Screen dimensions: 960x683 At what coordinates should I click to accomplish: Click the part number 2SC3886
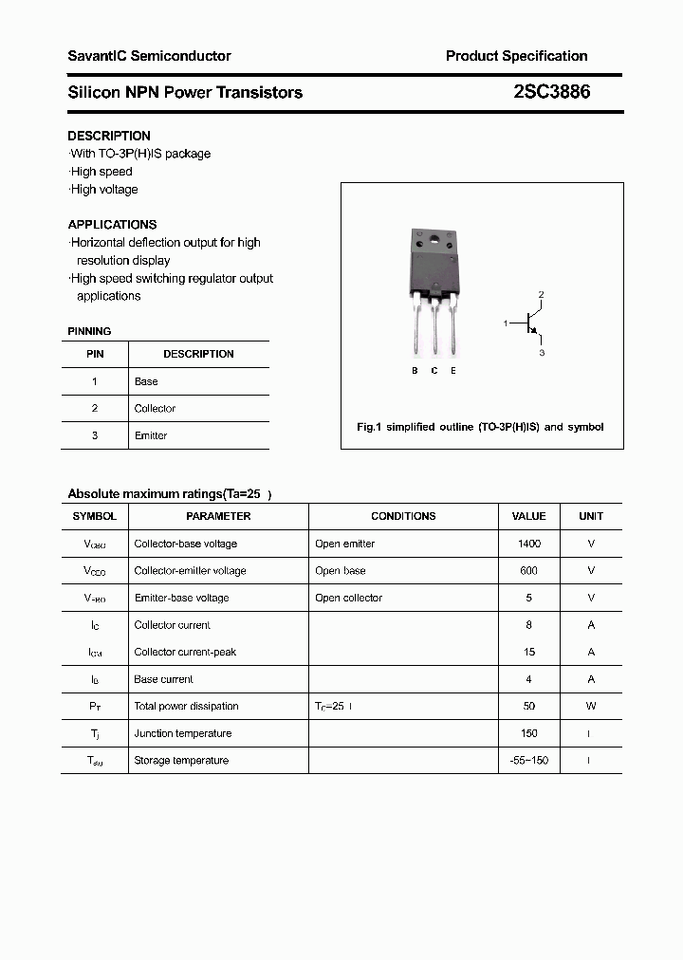click(x=552, y=92)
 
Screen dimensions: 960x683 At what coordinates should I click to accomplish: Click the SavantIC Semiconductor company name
click(x=149, y=56)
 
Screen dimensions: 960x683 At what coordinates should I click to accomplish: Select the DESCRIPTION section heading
click(x=109, y=136)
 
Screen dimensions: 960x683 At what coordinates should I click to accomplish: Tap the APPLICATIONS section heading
click(x=112, y=225)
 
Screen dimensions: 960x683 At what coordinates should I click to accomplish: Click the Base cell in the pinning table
click(x=146, y=381)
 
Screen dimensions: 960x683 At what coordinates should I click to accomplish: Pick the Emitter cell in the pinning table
click(x=151, y=435)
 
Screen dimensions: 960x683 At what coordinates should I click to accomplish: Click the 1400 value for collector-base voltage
click(x=528, y=544)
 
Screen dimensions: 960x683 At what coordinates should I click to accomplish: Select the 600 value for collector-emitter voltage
click(x=528, y=571)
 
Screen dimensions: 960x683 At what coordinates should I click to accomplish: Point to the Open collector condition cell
click(x=348, y=598)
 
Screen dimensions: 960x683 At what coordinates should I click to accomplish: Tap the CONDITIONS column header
click(x=403, y=516)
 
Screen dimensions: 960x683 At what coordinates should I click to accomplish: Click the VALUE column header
click(x=528, y=516)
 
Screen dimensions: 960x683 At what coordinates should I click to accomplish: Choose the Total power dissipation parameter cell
click(x=186, y=706)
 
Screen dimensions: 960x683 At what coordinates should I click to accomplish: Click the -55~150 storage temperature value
click(x=528, y=761)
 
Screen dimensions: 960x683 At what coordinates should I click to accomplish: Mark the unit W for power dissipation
click(x=590, y=706)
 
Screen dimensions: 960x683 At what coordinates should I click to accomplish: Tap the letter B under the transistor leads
click(x=415, y=371)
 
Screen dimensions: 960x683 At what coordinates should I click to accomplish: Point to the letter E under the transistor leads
click(x=453, y=371)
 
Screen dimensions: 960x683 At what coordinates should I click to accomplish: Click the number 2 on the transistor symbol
click(x=541, y=295)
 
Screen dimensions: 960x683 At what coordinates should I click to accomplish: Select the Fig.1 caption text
click(x=480, y=427)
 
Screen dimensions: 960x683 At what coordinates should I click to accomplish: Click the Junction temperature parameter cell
click(x=183, y=733)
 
